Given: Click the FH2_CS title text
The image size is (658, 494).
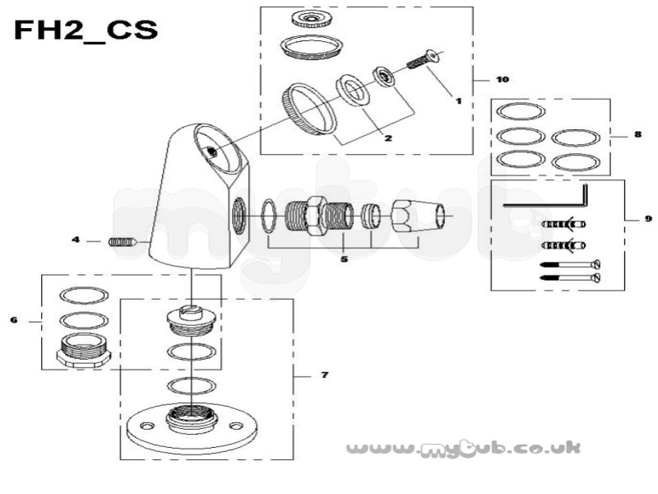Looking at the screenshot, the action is [86, 30].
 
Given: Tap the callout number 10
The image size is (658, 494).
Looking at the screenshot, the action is [503, 79].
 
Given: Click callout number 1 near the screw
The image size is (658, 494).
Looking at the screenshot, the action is [459, 100].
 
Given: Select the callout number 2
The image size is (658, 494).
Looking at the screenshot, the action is [388, 137].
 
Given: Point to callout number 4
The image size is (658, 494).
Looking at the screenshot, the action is [76, 240].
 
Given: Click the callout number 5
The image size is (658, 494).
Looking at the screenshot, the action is [344, 259].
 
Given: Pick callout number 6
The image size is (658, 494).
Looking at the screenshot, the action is [14, 320].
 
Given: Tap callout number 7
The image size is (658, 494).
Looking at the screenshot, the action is [324, 375].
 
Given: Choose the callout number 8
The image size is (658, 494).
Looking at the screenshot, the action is [638, 134].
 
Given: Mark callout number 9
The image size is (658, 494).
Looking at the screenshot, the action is [648, 218].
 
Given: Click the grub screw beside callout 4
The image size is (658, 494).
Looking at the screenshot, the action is [123, 242].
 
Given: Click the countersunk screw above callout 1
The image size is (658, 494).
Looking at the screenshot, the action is [424, 59].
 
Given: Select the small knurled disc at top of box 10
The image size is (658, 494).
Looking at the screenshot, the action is [312, 19].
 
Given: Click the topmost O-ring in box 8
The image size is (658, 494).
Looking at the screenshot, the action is [521, 112].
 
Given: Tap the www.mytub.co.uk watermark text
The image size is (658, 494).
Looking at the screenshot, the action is [463, 448].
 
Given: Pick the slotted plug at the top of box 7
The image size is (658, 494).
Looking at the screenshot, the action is [192, 321].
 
